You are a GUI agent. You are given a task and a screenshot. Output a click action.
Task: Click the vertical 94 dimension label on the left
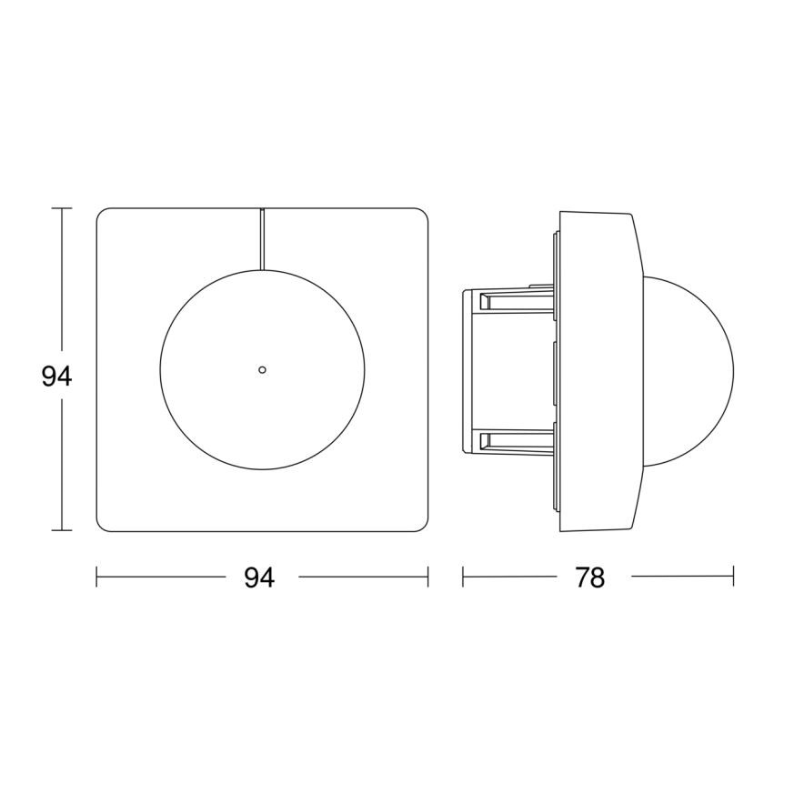56,377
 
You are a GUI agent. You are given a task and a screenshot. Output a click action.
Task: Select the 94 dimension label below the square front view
259,578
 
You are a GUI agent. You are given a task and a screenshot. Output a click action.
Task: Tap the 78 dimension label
590,578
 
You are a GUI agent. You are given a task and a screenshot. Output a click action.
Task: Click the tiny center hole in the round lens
262,369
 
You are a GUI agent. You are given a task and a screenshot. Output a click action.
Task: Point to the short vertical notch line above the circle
262,239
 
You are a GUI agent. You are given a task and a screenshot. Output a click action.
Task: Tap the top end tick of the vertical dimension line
62,208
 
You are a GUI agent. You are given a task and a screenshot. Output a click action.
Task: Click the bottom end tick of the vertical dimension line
62,530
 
